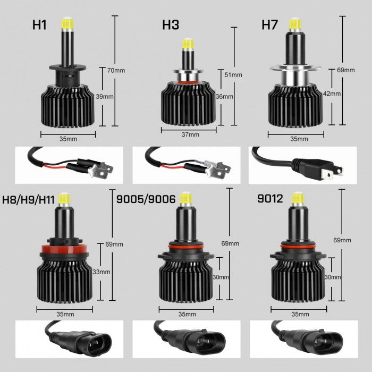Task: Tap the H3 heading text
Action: pyautogui.click(x=171, y=25)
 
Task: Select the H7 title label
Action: pyautogui.click(x=270, y=25)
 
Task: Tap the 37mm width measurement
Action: pyautogui.click(x=190, y=135)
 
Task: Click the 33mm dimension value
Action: pyautogui.click(x=101, y=272)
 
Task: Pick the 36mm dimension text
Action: pyautogui.click(x=225, y=97)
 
